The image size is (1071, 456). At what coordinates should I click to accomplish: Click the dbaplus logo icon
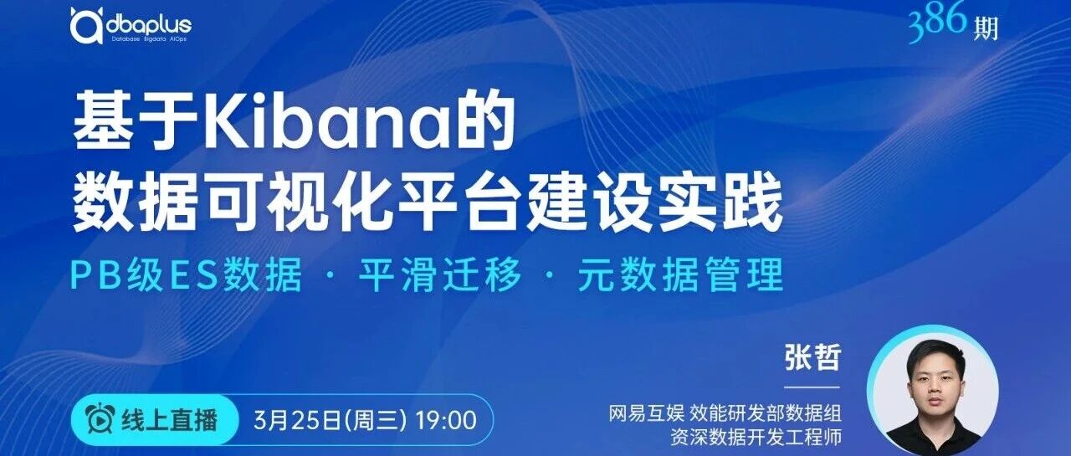[86, 25]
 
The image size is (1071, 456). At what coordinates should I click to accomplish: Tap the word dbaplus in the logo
[148, 25]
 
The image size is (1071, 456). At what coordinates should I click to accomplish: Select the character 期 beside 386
[986, 28]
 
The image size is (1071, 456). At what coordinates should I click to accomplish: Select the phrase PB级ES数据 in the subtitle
[187, 274]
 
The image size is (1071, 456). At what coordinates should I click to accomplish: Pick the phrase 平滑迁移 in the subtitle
[440, 274]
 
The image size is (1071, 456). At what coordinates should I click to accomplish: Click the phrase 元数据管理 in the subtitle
[681, 274]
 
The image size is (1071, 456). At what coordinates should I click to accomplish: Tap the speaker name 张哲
[812, 356]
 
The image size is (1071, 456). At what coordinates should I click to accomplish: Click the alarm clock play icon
[101, 418]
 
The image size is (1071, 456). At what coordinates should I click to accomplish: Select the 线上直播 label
[170, 420]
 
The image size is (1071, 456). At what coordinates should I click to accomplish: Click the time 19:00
[446, 421]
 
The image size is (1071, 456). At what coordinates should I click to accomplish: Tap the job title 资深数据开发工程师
[756, 438]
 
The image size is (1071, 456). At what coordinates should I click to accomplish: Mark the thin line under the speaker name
[812, 387]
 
